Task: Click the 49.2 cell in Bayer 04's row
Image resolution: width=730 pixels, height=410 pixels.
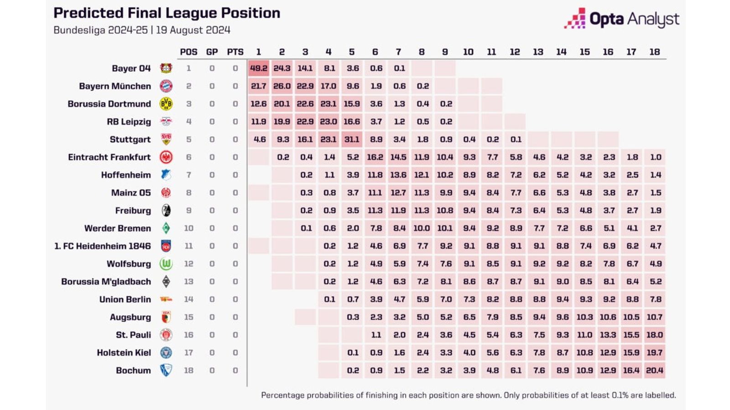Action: tap(259, 68)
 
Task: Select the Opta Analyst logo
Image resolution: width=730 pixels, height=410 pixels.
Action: tap(621, 19)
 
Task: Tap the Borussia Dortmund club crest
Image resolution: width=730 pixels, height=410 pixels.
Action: tap(166, 104)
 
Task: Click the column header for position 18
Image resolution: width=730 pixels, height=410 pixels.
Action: tap(654, 52)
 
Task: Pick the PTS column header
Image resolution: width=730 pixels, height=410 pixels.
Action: tap(235, 52)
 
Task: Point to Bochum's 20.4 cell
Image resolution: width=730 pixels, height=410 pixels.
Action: tap(654, 370)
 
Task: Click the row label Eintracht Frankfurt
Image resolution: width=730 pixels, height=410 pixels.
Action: tap(109, 157)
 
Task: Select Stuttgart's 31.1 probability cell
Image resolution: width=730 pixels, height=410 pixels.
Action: tap(352, 139)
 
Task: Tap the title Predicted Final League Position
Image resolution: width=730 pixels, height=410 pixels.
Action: tap(167, 13)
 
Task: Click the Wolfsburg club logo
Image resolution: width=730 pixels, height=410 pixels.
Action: tap(166, 264)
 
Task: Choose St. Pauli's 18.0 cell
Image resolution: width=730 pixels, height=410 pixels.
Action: tap(654, 335)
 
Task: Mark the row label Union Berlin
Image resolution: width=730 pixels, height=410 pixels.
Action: tap(125, 299)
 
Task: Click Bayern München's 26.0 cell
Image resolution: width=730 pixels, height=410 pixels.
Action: tap(282, 86)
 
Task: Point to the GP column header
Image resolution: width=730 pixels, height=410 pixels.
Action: tap(212, 52)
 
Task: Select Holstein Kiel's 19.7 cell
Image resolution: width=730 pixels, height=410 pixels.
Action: tap(654, 353)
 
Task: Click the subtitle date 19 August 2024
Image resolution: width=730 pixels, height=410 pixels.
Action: tap(193, 30)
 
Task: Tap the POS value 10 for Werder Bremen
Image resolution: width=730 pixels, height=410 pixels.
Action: tap(188, 228)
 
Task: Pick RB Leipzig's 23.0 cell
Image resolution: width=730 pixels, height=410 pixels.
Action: tap(328, 122)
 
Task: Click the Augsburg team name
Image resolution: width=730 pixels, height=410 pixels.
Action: tap(130, 317)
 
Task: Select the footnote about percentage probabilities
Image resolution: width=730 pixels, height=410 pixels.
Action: tap(468, 395)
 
